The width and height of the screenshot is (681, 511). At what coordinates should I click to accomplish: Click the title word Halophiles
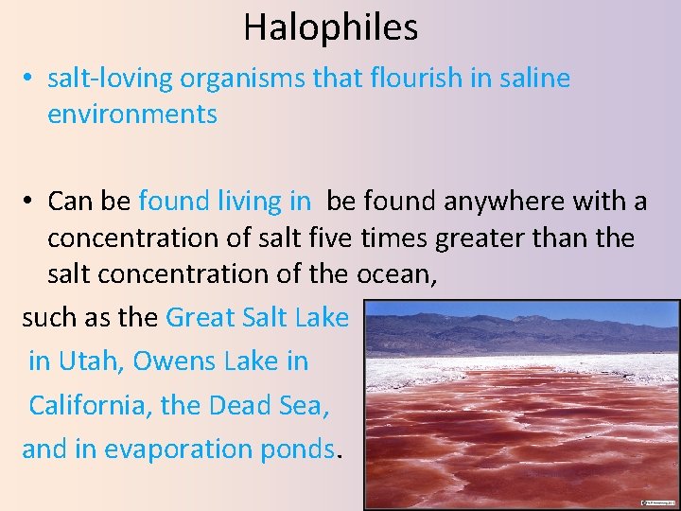330,27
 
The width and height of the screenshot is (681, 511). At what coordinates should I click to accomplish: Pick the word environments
132,115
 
